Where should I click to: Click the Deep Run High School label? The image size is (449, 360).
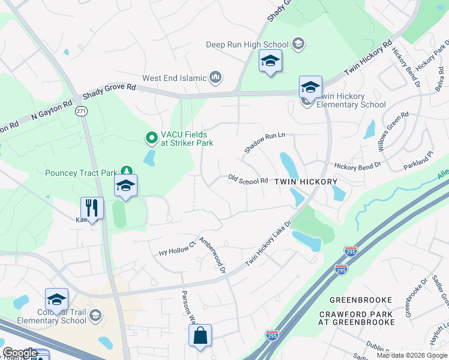click(x=247, y=44)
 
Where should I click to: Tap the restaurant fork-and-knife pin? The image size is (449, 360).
click(x=92, y=208)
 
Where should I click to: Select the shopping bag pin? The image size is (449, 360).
click(x=200, y=336)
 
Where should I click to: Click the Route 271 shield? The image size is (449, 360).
click(x=82, y=111)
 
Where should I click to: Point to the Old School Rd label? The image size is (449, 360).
click(x=248, y=180)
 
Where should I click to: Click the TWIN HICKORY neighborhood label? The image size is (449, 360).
click(x=306, y=181)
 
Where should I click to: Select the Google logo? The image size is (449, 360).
click(x=20, y=353)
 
